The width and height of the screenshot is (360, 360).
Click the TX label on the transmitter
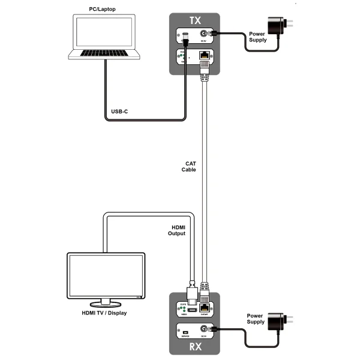click(195, 20)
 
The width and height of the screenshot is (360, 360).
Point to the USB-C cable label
click(119, 112)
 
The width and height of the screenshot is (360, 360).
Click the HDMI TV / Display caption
click(104, 313)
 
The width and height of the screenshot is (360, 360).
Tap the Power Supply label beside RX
click(255, 319)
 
